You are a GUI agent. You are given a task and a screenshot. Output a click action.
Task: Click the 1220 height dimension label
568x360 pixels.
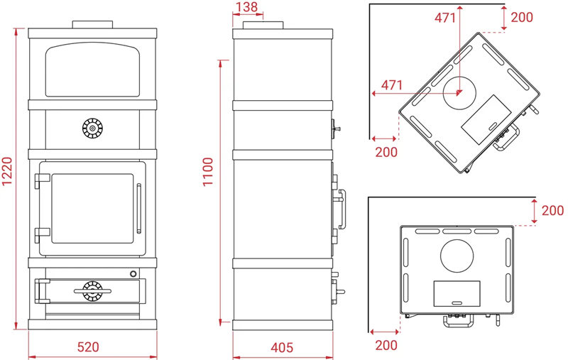[x=7, y=171]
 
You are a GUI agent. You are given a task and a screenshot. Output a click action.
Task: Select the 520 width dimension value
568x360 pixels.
[x=88, y=347]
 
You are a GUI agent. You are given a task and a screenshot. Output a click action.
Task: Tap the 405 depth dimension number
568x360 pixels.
[x=282, y=348]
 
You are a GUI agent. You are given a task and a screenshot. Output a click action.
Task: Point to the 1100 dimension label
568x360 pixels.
[x=208, y=172]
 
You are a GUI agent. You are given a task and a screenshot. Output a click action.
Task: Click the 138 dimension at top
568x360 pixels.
[x=246, y=7]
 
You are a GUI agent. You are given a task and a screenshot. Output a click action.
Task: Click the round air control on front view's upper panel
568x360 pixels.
[x=92, y=129]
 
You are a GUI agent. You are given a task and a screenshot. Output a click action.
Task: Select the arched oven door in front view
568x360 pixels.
[x=93, y=70]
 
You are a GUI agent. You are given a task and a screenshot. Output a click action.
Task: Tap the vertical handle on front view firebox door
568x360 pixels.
[x=138, y=209]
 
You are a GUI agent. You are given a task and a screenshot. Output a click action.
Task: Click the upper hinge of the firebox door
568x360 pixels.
[x=43, y=180]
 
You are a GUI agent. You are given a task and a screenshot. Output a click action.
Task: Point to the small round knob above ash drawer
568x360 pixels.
[x=133, y=274]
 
